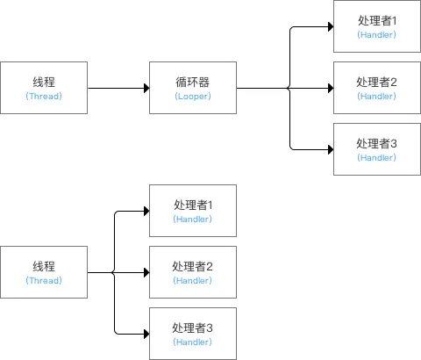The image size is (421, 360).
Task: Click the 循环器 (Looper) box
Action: tap(192, 88)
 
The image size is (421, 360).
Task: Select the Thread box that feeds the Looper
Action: tap(44, 88)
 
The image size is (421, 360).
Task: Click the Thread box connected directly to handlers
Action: tap(44, 272)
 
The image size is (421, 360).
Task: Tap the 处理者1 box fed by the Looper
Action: tap(376, 26)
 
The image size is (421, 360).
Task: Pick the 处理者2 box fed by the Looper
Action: tap(376, 88)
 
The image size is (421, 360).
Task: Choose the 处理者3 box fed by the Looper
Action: tap(376, 149)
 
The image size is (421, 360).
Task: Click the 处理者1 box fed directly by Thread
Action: tap(192, 211)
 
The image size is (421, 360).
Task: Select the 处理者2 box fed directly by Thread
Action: tap(192, 272)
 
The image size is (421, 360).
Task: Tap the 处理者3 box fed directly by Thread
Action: tap(192, 334)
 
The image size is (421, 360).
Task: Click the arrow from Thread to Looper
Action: tap(118, 88)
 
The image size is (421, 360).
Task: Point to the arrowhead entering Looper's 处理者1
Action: tap(329, 26)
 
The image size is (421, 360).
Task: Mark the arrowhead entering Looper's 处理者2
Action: tap(329, 88)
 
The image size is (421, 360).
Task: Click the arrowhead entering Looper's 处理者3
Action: tap(329, 149)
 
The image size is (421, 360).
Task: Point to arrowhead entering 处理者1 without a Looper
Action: tap(145, 211)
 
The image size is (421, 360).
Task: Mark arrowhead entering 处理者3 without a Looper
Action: tap(145, 334)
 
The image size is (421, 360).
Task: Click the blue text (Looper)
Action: tap(192, 96)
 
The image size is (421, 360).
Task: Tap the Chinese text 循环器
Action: tap(192, 82)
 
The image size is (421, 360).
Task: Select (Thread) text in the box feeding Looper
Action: tap(44, 96)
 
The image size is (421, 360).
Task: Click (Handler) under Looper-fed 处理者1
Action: tap(376, 34)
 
